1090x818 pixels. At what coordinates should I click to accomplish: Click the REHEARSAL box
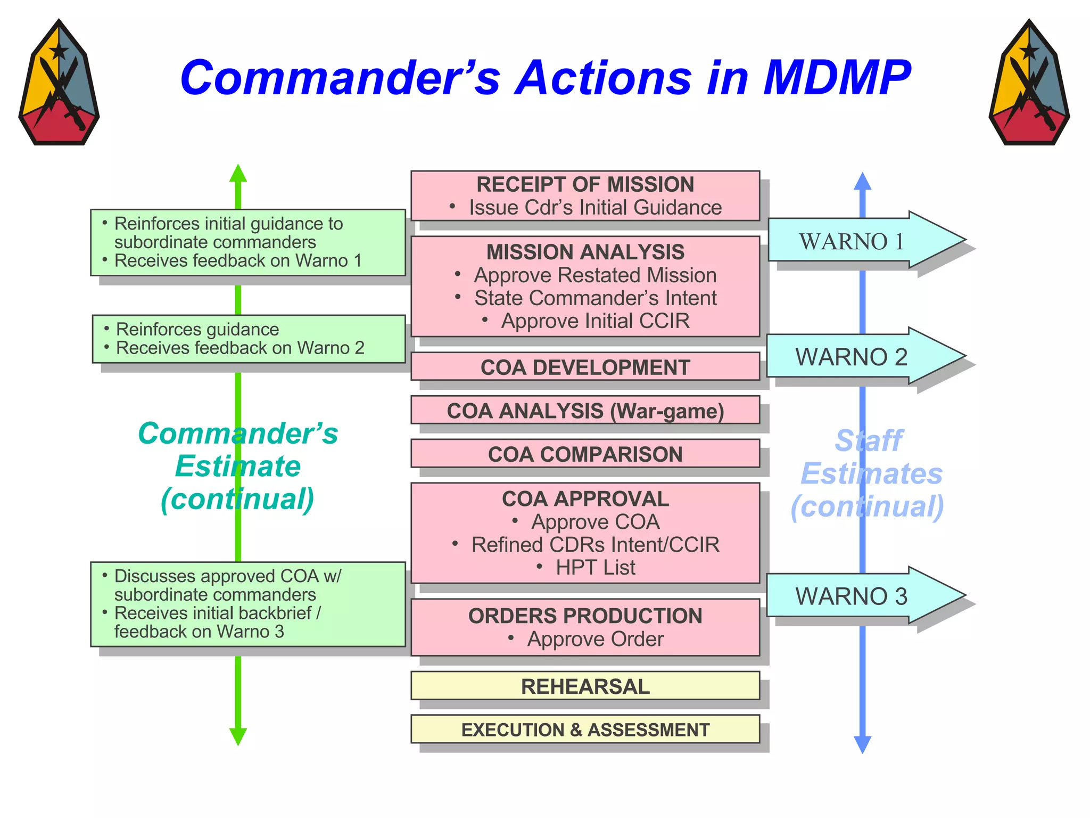click(585, 686)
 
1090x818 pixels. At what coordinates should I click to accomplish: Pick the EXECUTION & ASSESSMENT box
click(585, 729)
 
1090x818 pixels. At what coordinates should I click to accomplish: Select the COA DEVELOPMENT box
click(585, 367)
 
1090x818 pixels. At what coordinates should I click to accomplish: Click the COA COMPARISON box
click(585, 454)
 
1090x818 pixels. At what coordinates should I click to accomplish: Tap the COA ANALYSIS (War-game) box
click(585, 411)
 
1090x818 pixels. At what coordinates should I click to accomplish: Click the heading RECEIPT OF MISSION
click(585, 184)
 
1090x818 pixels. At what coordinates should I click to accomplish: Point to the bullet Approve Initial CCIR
click(594, 321)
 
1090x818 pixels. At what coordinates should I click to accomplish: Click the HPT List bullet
click(594, 567)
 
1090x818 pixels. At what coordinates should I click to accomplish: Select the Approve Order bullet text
click(594, 639)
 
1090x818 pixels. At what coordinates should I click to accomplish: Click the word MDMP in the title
click(837, 78)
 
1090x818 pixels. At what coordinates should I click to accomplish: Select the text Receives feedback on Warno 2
click(240, 348)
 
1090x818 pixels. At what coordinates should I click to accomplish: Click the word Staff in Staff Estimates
click(868, 441)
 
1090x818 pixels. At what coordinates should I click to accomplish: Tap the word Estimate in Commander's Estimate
click(238, 466)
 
